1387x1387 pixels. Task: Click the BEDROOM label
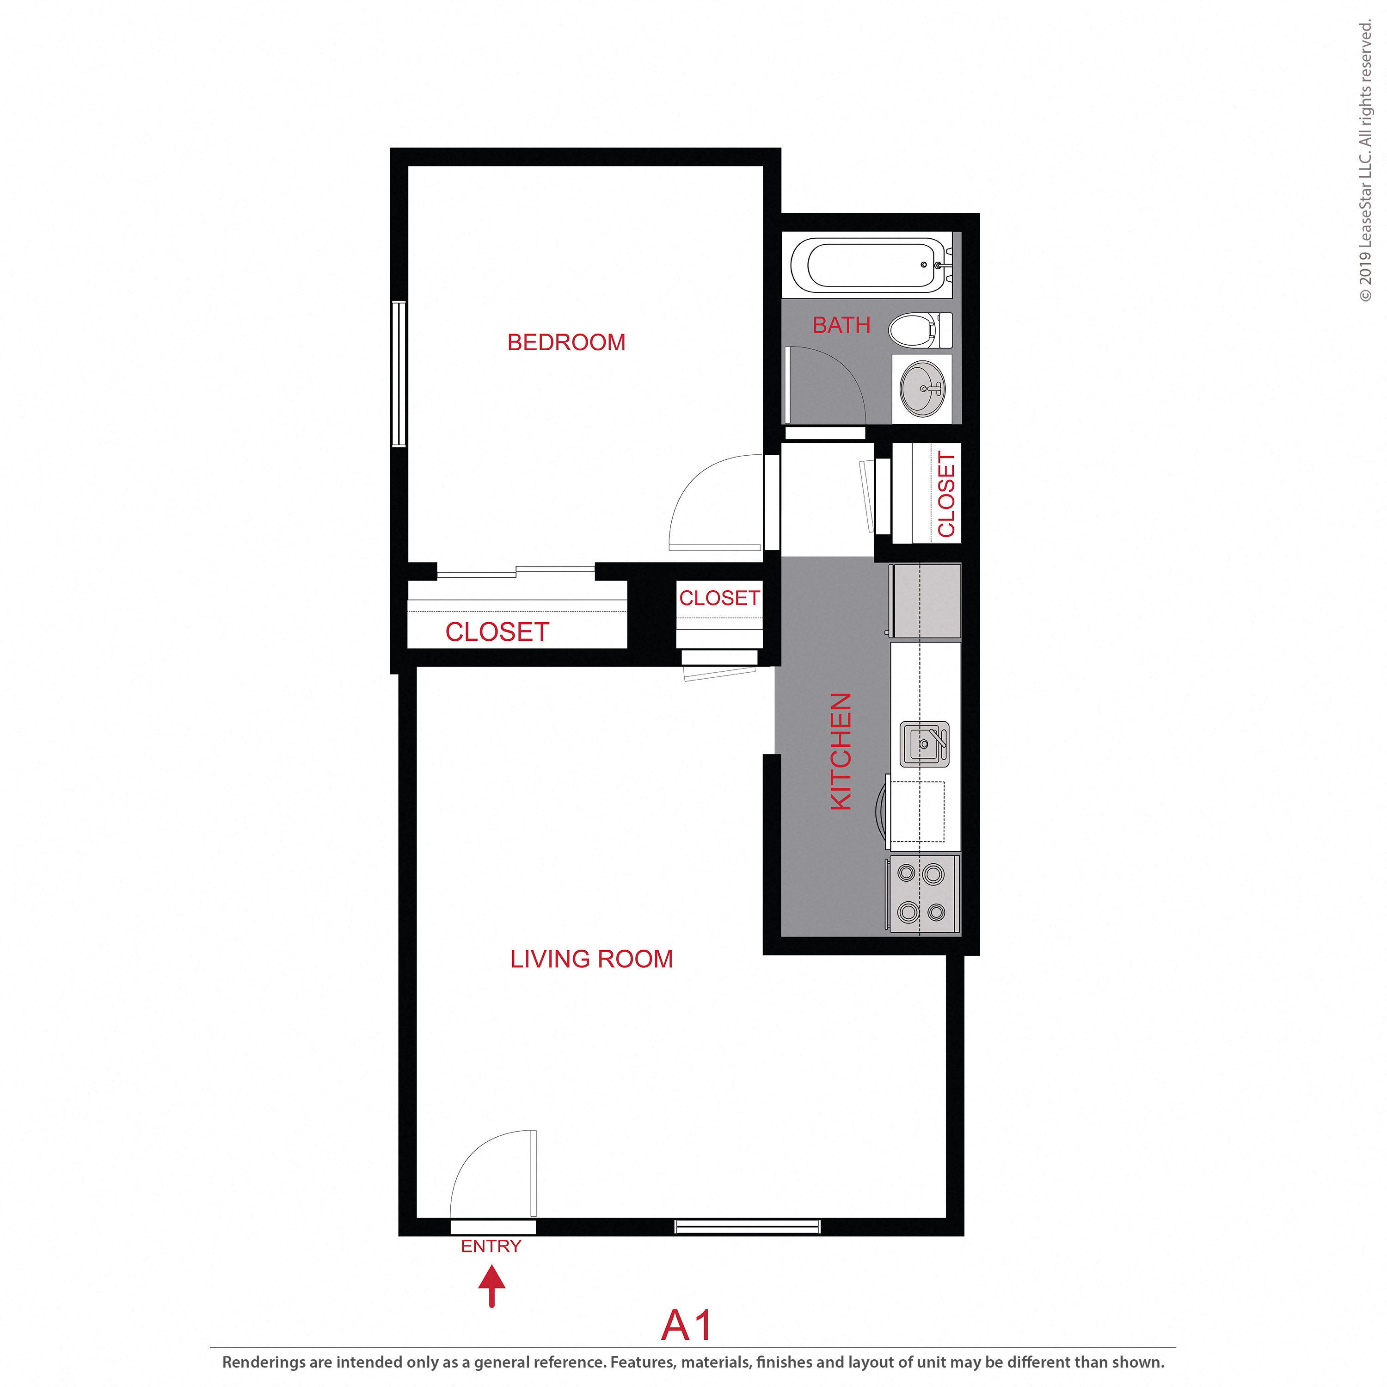(566, 343)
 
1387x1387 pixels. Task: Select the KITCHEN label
(841, 751)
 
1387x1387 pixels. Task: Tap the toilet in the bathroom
(919, 330)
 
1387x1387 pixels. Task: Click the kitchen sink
(924, 743)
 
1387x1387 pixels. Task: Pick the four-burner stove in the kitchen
(922, 893)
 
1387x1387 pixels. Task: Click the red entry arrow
(492, 1286)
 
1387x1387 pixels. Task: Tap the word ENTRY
(491, 1246)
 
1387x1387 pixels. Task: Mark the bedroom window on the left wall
(399, 373)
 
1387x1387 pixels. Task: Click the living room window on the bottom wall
(747, 1226)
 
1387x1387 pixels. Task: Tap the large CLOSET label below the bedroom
(497, 632)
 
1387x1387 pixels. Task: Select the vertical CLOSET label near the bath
(946, 494)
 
